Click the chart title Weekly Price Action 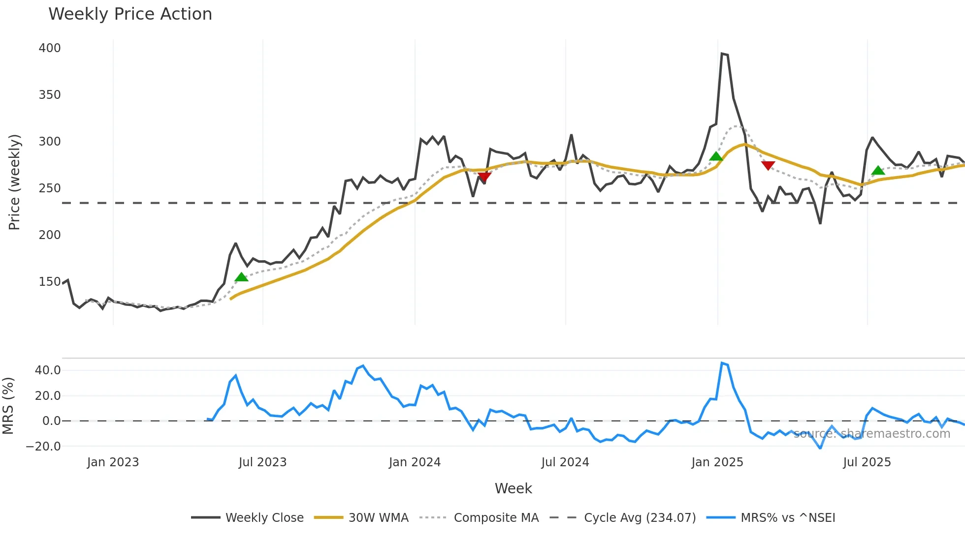pos(130,14)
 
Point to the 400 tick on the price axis pos(50,48)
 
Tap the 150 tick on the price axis pos(50,282)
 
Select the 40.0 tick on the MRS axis pos(48,370)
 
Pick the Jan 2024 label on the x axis pos(415,462)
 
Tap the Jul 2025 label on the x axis pos(867,462)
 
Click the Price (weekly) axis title pos(14,182)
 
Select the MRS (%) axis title pos(8,406)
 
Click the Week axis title pos(513,488)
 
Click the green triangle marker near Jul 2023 pos(241,277)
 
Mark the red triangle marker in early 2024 pos(484,177)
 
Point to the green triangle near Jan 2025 pos(716,156)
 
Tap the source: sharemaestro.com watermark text pos(871,434)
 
